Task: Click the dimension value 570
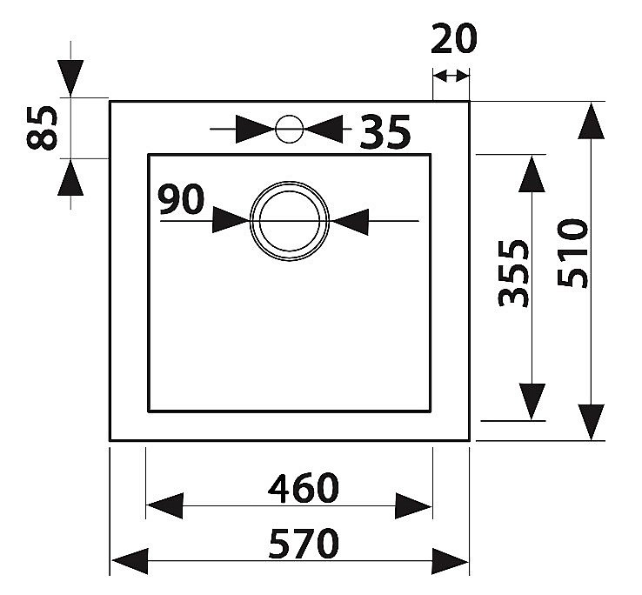[x=304, y=544]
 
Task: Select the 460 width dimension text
[x=304, y=488]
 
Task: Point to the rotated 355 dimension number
[x=513, y=273]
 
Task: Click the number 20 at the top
[x=454, y=38]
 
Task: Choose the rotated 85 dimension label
[x=42, y=128]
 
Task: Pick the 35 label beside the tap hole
[x=385, y=132]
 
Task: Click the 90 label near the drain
[x=182, y=199]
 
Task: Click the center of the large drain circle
[x=290, y=221]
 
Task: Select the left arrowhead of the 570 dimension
[x=130, y=561]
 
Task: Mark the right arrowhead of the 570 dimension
[x=451, y=561]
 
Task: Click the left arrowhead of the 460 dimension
[x=164, y=505]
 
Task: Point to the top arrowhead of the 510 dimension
[x=591, y=121]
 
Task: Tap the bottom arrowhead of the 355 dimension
[x=532, y=402]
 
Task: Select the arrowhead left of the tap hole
[x=256, y=129]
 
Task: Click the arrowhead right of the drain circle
[x=351, y=222]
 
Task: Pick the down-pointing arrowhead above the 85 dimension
[x=70, y=77]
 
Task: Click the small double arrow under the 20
[x=451, y=77]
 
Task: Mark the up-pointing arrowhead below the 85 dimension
[x=70, y=177]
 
